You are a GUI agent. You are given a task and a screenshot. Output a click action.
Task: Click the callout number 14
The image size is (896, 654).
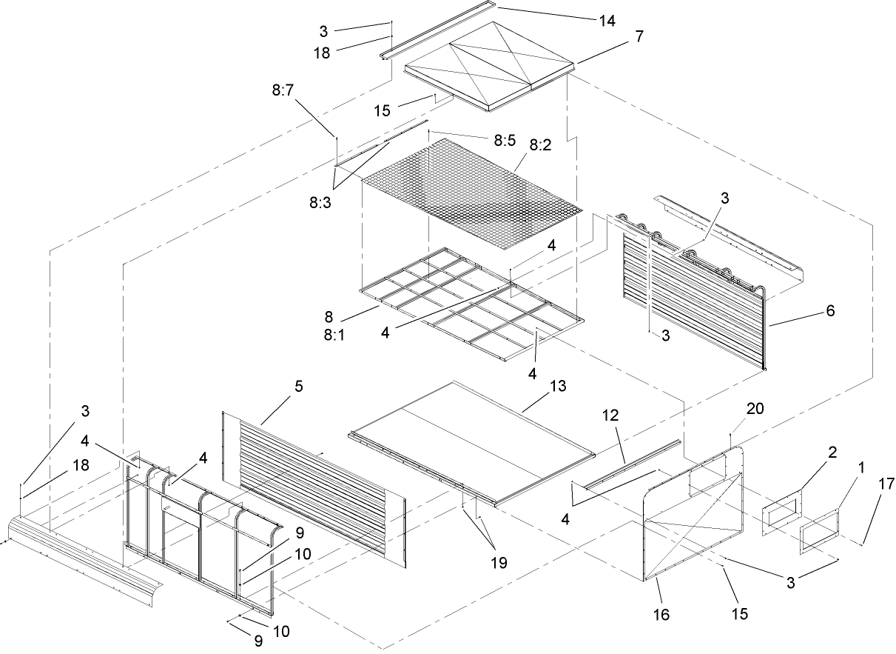(607, 21)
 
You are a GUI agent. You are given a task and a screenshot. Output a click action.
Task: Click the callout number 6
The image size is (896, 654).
(829, 311)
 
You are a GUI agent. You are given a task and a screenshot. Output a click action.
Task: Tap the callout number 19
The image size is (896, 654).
(499, 563)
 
